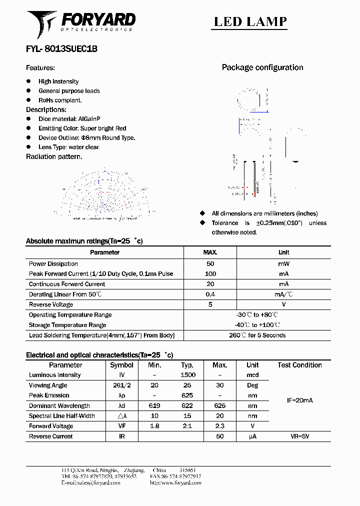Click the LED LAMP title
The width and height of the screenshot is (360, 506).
click(x=250, y=21)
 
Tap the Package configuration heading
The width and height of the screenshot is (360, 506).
click(x=262, y=67)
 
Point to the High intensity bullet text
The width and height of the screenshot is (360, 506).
click(x=58, y=81)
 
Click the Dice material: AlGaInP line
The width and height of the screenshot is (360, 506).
click(x=69, y=119)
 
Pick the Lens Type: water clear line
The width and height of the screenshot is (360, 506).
click(x=69, y=147)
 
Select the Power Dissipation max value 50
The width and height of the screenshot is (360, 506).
click(x=210, y=263)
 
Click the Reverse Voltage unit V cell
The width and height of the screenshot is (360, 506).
click(x=283, y=304)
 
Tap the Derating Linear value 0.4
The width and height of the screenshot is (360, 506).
click(x=210, y=294)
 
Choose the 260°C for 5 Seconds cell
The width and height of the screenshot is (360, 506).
click(x=257, y=335)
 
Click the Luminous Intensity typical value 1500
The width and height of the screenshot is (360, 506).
click(x=187, y=375)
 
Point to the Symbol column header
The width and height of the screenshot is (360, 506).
click(x=121, y=365)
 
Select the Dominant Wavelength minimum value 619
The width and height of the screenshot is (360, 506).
click(x=154, y=406)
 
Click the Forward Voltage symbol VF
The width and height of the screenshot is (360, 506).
click(x=121, y=426)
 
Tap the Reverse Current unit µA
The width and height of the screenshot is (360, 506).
click(x=252, y=436)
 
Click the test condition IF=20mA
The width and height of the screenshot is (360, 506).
click(x=299, y=400)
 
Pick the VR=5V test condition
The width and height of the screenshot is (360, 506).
click(x=299, y=436)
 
